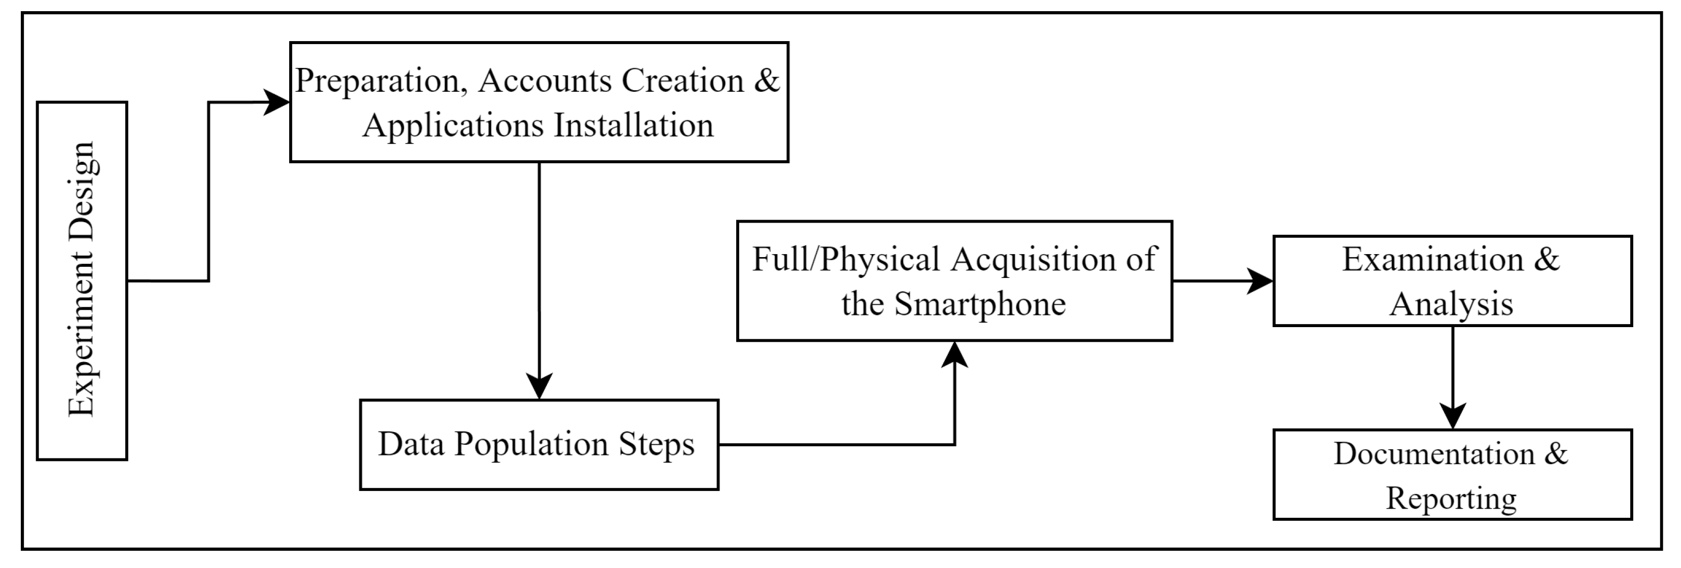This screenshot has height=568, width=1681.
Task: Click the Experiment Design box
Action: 82,280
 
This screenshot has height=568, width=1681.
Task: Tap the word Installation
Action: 634,125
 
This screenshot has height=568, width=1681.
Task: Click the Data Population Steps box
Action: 538,444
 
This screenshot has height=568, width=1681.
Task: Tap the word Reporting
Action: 1451,499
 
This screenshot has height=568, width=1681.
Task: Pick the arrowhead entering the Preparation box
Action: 278,102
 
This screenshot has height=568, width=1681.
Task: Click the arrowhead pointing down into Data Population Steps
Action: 539,385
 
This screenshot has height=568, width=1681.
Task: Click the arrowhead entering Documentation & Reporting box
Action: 1453,415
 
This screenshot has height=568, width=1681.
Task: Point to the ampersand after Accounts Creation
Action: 767,81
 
